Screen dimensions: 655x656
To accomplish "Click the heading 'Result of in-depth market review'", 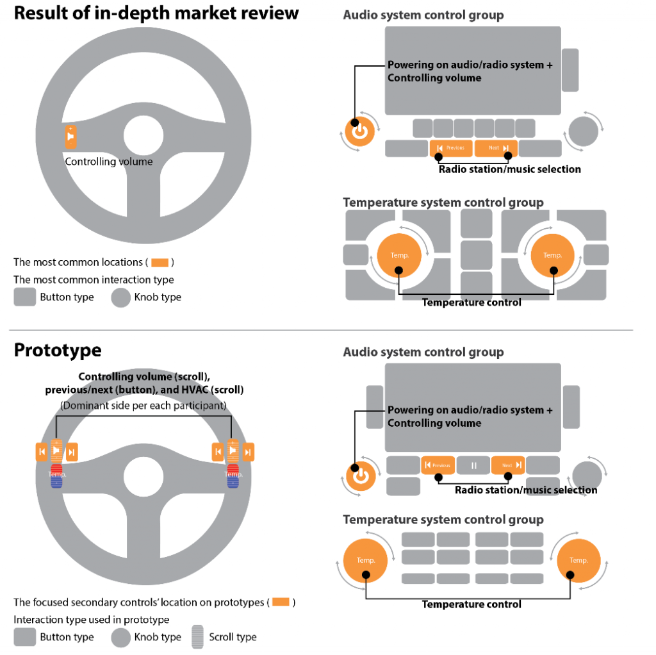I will click(156, 13).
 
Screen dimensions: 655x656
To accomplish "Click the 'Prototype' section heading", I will click(58, 350).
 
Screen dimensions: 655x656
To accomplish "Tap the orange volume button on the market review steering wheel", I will click(70, 137).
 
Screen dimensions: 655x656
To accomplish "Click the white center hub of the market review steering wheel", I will click(143, 135).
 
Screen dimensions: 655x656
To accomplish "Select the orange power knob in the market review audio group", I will click(361, 132).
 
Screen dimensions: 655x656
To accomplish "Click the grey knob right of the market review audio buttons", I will click(583, 131).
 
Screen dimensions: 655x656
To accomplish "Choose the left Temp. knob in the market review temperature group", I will click(399, 255).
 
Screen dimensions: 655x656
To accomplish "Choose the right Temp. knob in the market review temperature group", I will click(552, 255).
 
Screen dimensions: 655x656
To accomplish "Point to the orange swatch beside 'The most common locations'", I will click(160, 262).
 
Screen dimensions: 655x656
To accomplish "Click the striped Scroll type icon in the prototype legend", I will click(198, 637).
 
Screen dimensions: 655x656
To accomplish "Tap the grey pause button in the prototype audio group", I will click(474, 465).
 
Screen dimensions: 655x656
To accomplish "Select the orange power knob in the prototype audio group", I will click(361, 476).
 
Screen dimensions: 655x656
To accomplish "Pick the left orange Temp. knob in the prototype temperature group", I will click(366, 560).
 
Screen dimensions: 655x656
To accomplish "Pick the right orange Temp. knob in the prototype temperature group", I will click(578, 560).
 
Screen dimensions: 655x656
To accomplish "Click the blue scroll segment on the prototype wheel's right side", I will click(233, 483).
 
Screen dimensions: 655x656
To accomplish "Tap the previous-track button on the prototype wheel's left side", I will click(42, 452).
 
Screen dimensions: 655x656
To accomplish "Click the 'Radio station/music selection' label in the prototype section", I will click(525, 490).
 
